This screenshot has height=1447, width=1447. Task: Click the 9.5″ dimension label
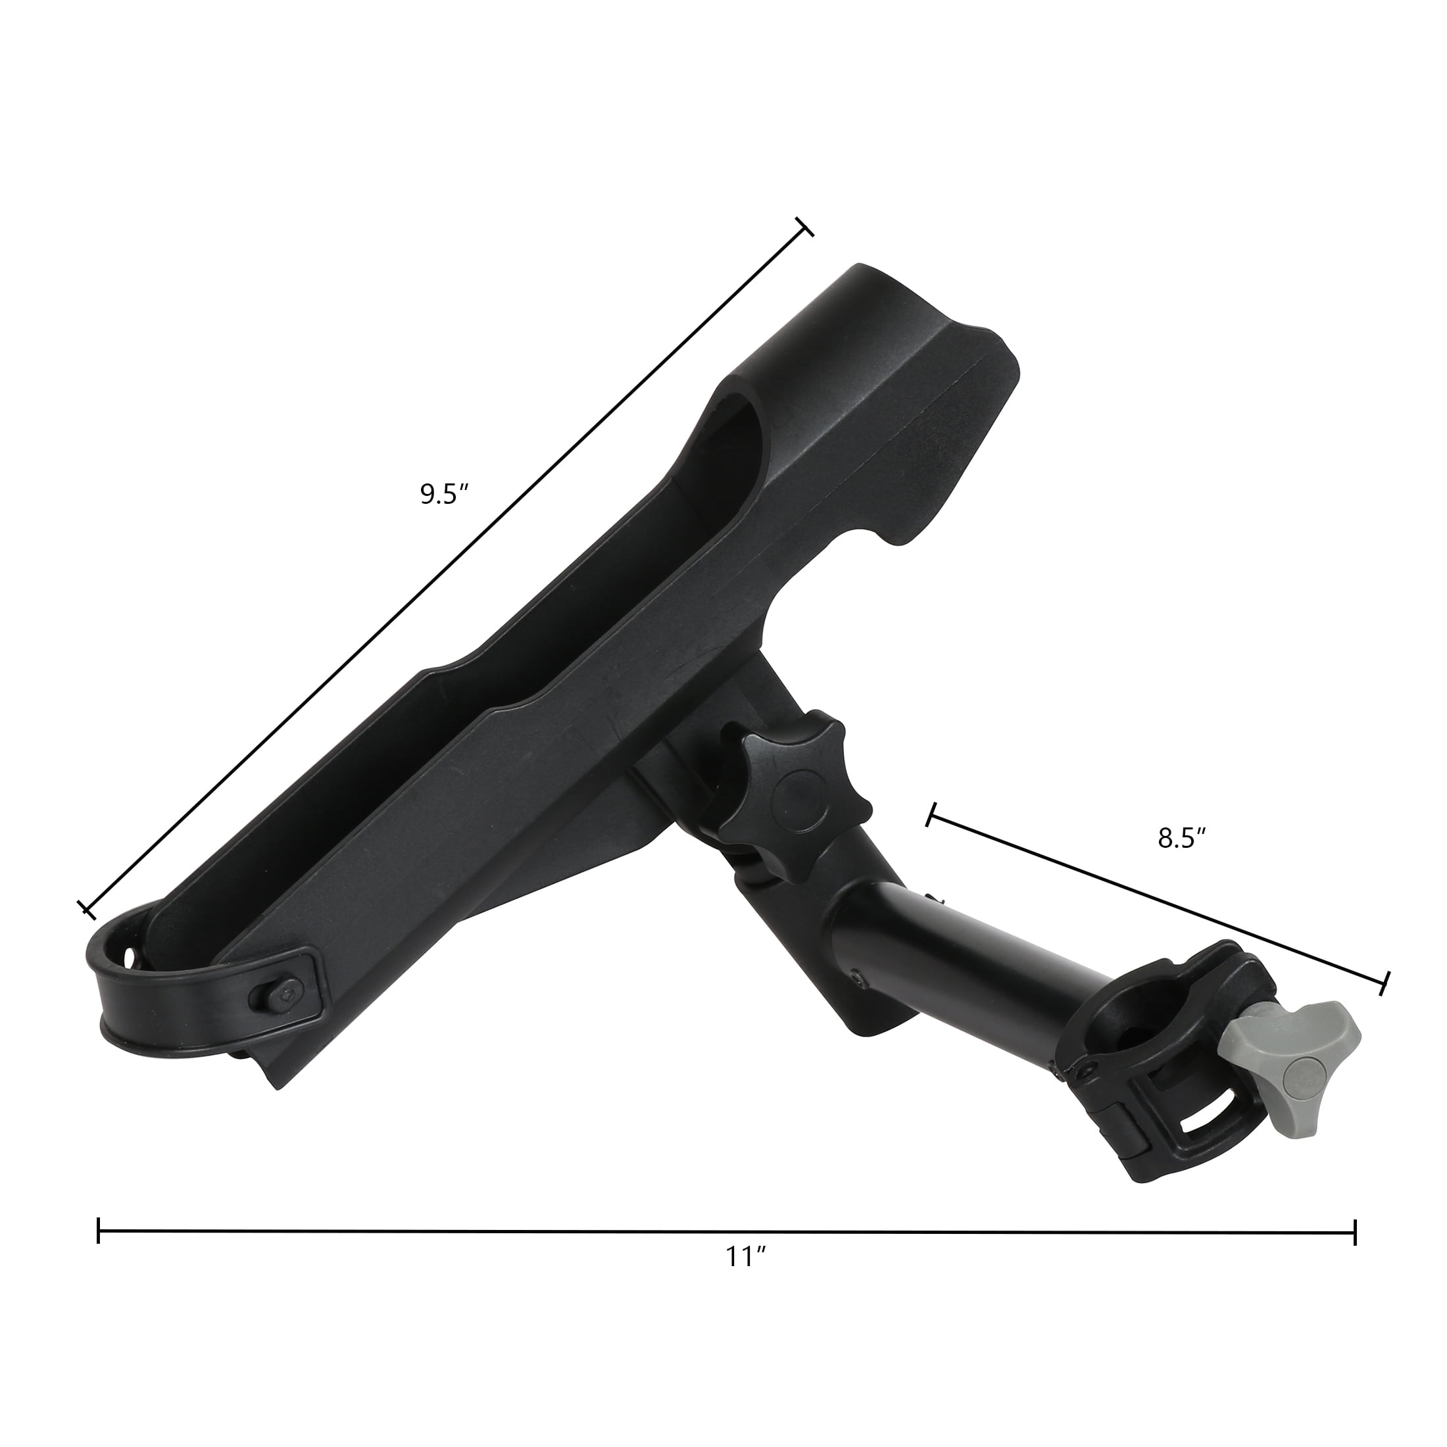[x=444, y=495]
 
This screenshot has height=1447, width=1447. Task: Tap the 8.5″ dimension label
[x=1181, y=839]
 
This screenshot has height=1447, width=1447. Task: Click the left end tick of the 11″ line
[x=99, y=1231]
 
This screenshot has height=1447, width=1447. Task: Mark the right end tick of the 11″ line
[x=1355, y=1232]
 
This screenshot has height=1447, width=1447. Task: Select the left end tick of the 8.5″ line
[x=932, y=814]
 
